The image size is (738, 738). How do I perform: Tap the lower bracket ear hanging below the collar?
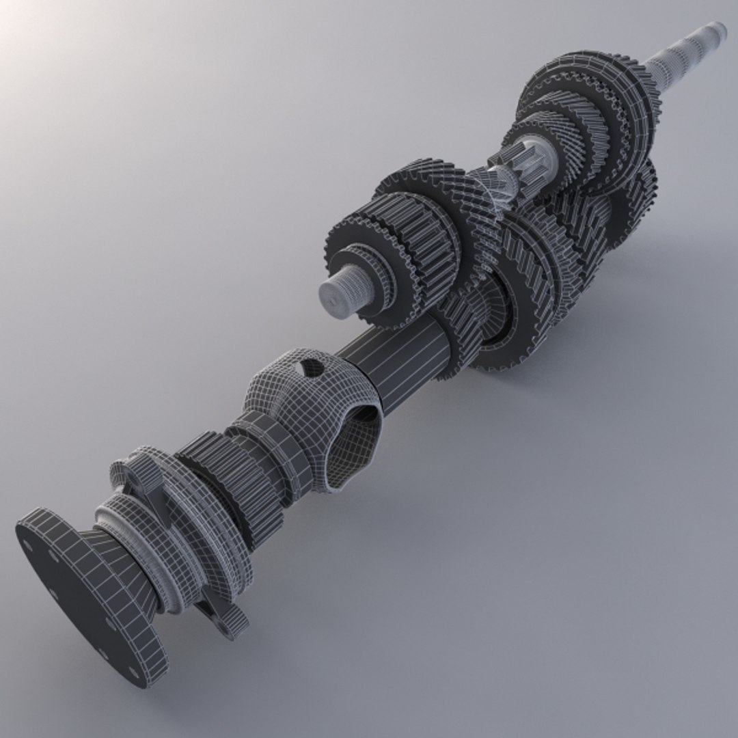(x=225, y=618)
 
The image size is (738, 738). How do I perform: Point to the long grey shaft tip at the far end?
(x=690, y=48)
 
